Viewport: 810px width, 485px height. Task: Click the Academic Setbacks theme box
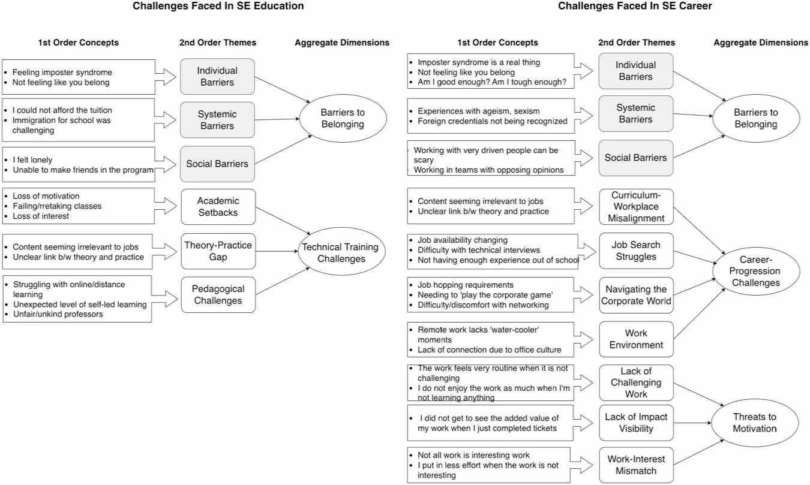point(218,207)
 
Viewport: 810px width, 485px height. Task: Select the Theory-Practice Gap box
point(218,251)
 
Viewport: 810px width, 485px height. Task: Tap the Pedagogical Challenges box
point(218,294)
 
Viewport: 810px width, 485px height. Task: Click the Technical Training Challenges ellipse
point(341,253)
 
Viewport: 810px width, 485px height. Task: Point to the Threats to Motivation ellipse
point(755,423)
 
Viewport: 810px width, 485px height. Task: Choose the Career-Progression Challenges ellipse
point(756,271)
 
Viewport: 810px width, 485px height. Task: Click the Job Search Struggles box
point(636,251)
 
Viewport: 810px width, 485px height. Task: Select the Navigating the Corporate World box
point(636,295)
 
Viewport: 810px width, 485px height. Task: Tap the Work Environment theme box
point(636,339)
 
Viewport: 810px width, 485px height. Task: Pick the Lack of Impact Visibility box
point(636,423)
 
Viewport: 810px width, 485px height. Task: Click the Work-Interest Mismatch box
point(636,465)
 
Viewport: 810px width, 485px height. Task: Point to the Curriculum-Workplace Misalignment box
point(636,207)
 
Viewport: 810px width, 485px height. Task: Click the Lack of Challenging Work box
point(636,382)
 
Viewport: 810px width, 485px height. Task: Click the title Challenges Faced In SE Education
point(218,6)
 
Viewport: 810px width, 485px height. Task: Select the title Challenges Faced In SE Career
point(635,6)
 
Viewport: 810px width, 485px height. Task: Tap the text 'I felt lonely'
point(32,160)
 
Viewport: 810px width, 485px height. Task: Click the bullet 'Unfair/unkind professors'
point(58,314)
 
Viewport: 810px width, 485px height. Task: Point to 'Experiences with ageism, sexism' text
point(479,111)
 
